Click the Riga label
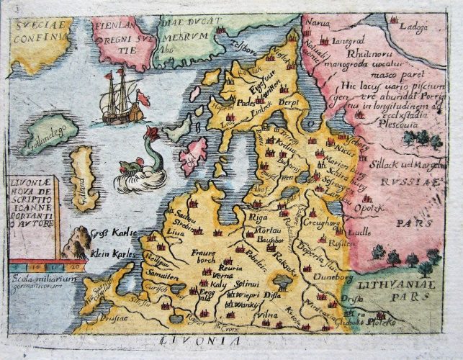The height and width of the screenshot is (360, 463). (x=256, y=215)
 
